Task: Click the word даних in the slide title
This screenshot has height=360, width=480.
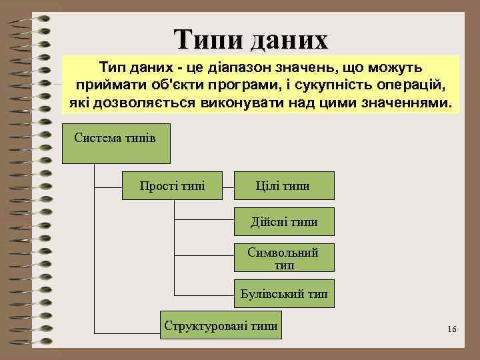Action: coord(288,40)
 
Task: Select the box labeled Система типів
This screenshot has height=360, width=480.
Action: coord(116,143)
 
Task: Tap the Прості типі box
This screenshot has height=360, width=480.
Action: coord(172,184)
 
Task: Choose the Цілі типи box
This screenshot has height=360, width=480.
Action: coord(283,184)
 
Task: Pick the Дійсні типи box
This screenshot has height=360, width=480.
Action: coord(283,221)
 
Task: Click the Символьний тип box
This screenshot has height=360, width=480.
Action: coord(283,259)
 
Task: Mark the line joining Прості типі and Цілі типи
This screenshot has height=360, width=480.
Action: coord(228,185)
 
